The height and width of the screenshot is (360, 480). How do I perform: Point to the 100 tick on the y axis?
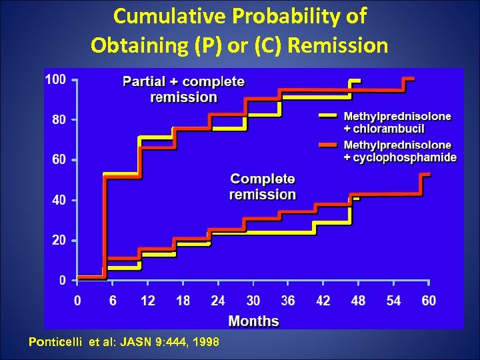pyautogui.click(x=55, y=80)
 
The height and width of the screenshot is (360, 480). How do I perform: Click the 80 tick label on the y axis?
pyautogui.click(x=59, y=120)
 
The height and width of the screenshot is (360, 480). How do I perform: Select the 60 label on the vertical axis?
pyautogui.click(x=59, y=160)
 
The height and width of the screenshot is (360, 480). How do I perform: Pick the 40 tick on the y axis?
pyautogui.click(x=59, y=200)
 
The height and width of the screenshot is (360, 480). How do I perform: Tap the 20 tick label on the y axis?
pyautogui.click(x=59, y=240)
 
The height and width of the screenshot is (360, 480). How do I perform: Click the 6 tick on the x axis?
pyautogui.click(x=113, y=301)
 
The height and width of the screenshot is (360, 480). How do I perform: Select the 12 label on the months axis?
pyautogui.click(x=147, y=301)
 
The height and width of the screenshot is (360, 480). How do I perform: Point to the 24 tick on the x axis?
pyautogui.click(x=218, y=301)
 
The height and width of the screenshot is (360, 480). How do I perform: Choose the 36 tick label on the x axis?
pyautogui.click(x=288, y=301)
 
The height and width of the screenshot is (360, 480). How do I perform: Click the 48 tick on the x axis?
pyautogui.click(x=358, y=301)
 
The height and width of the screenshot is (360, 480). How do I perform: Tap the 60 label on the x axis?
pyautogui.click(x=429, y=301)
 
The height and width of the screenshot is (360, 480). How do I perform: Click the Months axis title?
pyautogui.click(x=253, y=321)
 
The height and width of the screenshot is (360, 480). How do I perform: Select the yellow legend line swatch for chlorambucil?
pyautogui.click(x=329, y=116)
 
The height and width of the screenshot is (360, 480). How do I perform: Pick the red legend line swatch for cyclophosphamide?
pyautogui.click(x=329, y=145)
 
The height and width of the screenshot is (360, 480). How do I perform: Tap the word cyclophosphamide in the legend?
pyautogui.click(x=400, y=157)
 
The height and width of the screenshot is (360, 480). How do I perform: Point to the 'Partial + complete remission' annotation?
pyautogui.click(x=183, y=89)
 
